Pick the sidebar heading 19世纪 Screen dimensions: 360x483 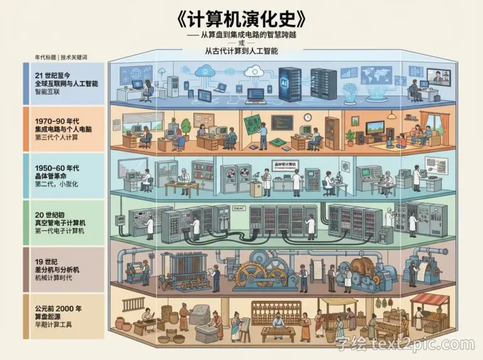pos(48,261)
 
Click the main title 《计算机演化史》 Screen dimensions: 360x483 pos(241,18)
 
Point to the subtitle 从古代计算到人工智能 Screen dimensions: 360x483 pos(241,51)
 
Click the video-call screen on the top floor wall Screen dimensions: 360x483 pos(438,76)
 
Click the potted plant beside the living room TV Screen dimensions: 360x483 pos(350,138)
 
